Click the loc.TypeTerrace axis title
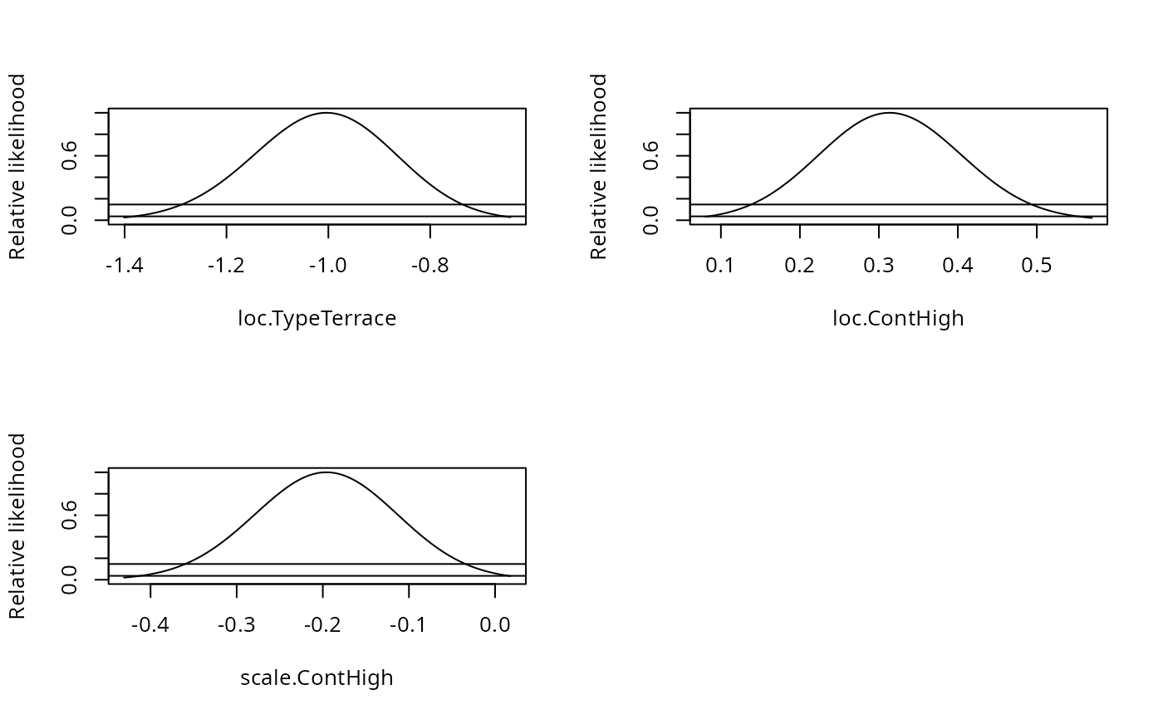point(317,319)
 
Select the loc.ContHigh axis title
point(898,319)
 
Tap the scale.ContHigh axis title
point(317,678)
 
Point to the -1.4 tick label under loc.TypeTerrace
point(125,267)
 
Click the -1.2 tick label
point(226,267)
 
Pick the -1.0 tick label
point(328,267)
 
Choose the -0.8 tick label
point(430,267)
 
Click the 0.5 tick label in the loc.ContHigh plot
point(1037,267)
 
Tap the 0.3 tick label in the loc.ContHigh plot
point(879,267)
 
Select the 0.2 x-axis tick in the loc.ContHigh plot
point(799,267)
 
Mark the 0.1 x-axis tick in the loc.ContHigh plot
point(720,267)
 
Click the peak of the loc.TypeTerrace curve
point(327,113)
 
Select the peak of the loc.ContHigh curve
point(890,113)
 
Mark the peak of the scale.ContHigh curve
point(327,472)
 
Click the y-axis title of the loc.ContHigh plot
point(599,166)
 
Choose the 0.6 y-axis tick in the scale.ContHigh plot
point(70,516)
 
